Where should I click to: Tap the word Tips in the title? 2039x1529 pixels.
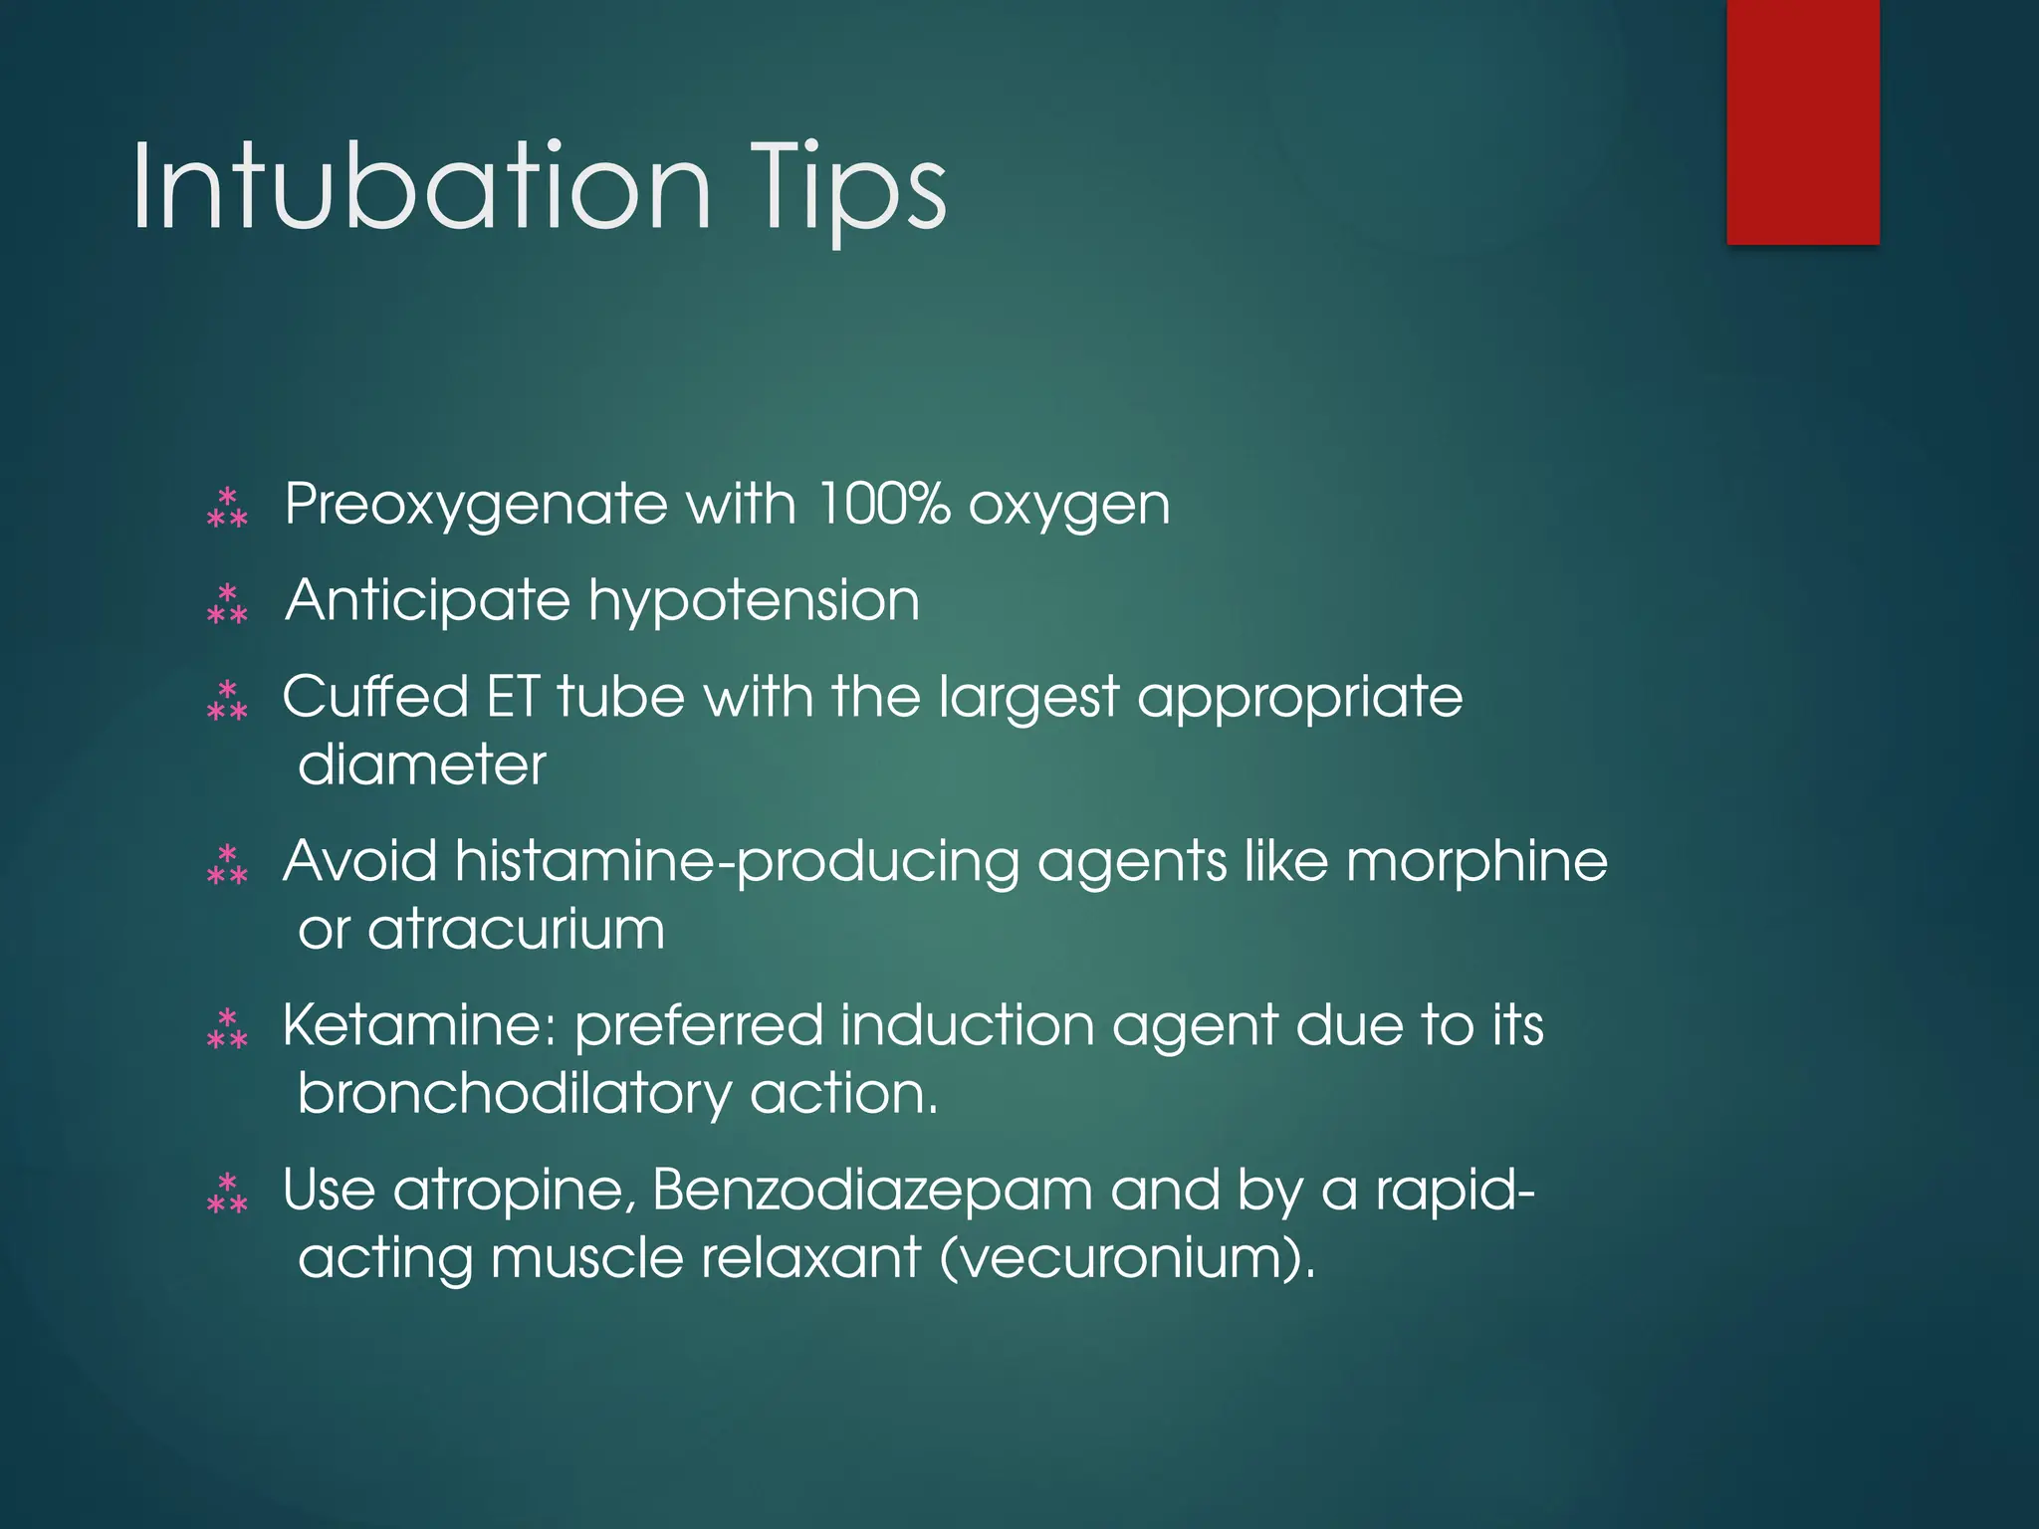click(x=848, y=189)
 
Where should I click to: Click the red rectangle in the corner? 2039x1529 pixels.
click(x=1802, y=121)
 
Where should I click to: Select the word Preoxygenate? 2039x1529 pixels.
click(x=476, y=506)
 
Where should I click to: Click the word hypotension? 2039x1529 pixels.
click(x=754, y=601)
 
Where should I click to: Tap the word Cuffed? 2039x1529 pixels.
click(x=375, y=696)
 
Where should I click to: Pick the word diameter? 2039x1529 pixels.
click(x=422, y=764)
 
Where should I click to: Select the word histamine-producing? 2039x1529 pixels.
click(x=737, y=862)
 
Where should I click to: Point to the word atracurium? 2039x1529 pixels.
click(x=516, y=929)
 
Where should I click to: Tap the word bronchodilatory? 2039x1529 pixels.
click(x=514, y=1094)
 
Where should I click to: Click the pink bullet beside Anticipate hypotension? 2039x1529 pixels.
click(x=227, y=603)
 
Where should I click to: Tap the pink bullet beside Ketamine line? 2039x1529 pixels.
click(x=227, y=1029)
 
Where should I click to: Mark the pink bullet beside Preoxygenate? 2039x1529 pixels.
click(x=227, y=507)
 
